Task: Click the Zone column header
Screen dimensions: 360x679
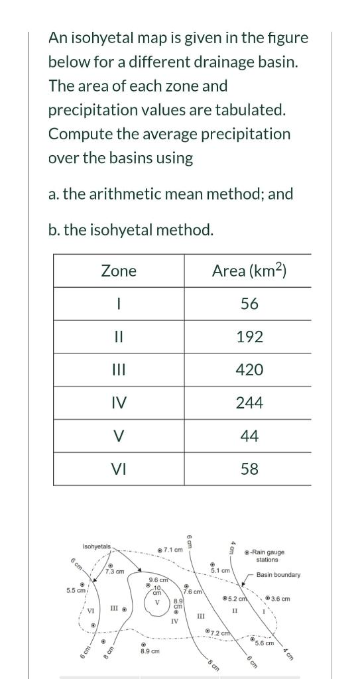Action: [119, 271]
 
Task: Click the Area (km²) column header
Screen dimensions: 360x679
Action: [249, 271]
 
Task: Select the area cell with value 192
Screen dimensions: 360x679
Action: [249, 337]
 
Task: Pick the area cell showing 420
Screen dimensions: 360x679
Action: [249, 370]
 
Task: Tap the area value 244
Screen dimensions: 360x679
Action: [249, 403]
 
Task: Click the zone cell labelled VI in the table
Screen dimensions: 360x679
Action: [119, 469]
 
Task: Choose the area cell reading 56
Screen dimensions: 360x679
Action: [249, 304]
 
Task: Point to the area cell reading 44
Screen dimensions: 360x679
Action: [249, 436]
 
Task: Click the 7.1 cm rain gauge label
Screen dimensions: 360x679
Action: [173, 550]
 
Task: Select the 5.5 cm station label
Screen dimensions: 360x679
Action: [76, 590]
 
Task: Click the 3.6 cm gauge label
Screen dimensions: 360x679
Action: [280, 599]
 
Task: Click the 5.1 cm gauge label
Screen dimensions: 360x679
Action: [220, 570]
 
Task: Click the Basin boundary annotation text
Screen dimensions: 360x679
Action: [278, 575]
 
